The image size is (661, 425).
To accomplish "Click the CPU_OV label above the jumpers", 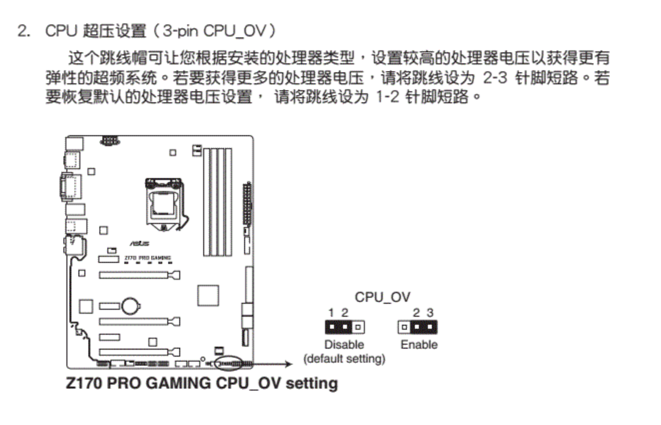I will (x=382, y=297).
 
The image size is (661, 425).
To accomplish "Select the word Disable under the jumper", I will (x=344, y=345).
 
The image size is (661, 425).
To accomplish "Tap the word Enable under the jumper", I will (x=418, y=345).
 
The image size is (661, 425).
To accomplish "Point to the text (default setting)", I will (x=344, y=359).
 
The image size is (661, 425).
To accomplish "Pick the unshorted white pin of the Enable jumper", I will (x=404, y=328).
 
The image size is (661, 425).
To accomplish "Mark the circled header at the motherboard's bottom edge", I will (x=229, y=364).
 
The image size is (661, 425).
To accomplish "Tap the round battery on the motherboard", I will (x=131, y=305).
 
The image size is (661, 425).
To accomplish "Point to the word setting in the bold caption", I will (x=312, y=384).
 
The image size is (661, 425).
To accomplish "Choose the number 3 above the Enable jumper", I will (x=430, y=313).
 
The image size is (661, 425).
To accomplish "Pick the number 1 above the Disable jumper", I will (x=331, y=313).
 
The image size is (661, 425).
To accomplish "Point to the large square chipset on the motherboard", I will (x=208, y=295).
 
